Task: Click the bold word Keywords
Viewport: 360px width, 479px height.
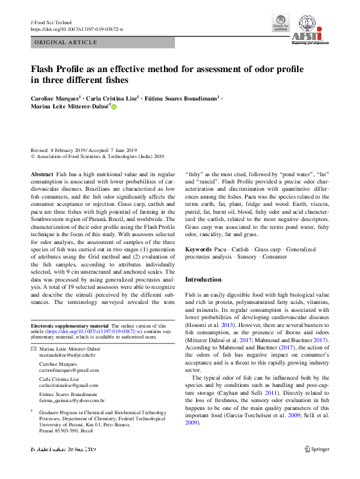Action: (198, 249)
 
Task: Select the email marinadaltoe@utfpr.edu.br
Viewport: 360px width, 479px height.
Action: (69, 356)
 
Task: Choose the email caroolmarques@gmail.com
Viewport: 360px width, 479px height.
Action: (68, 370)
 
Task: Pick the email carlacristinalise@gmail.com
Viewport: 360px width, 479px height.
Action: (68, 385)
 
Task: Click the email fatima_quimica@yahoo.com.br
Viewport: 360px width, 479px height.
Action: (72, 400)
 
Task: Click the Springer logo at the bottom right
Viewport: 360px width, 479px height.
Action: (316, 449)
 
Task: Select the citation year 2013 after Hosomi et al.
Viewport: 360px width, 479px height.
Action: (226, 324)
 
